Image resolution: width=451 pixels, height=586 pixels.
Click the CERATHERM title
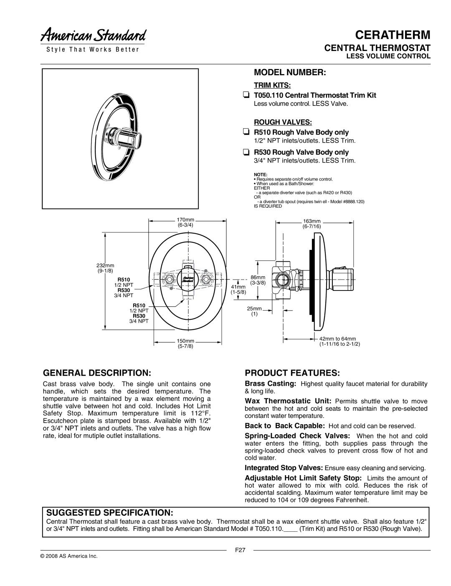(x=393, y=35)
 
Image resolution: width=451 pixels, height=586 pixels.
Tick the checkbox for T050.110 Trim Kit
(x=246, y=95)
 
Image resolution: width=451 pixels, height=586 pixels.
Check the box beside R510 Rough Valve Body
(x=246, y=132)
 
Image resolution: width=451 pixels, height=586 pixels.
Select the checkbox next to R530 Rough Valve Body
(x=246, y=152)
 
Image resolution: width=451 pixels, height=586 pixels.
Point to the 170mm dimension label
(x=185, y=222)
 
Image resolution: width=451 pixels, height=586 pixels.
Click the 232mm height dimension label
(x=105, y=268)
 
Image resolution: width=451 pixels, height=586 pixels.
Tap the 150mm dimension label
(x=185, y=344)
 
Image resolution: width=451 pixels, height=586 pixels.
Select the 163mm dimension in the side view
(x=312, y=224)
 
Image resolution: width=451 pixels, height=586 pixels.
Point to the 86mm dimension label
(x=258, y=280)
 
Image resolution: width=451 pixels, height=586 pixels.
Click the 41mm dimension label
(x=238, y=289)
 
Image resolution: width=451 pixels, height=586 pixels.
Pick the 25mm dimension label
(x=254, y=311)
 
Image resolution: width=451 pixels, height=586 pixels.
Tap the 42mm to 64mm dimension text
(x=340, y=341)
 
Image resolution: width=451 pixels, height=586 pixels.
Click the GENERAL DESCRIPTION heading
(x=97, y=373)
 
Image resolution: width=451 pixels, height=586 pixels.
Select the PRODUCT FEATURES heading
(x=292, y=373)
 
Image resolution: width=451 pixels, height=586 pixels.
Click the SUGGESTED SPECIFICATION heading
(x=110, y=512)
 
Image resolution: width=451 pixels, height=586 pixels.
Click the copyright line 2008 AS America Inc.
(x=69, y=556)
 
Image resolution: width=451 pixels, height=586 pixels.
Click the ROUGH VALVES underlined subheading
(x=283, y=122)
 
